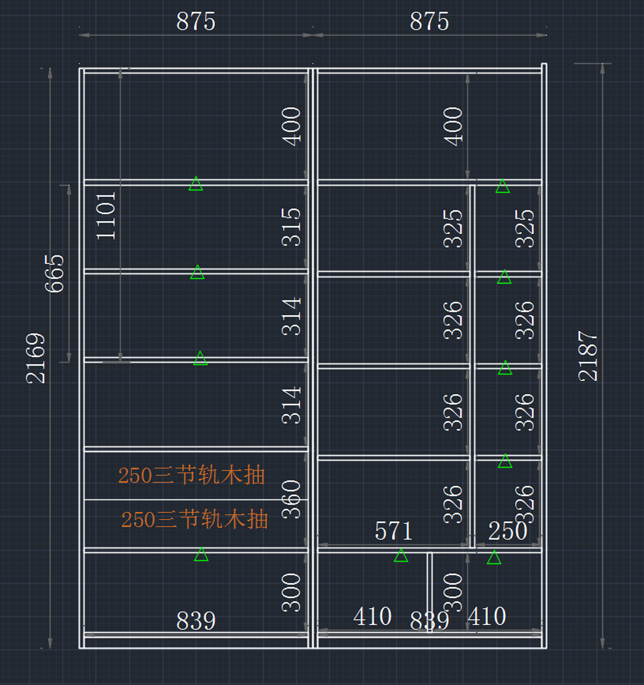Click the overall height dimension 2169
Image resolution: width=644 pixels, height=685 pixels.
(x=35, y=358)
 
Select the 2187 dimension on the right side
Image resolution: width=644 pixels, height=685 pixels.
(x=588, y=356)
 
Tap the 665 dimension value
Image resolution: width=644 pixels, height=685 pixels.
(x=54, y=273)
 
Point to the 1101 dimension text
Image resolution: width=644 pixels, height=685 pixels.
(x=106, y=216)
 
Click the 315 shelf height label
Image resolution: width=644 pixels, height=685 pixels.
(x=291, y=227)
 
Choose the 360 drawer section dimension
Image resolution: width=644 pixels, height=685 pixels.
(x=291, y=499)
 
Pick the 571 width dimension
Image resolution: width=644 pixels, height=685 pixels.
(x=393, y=531)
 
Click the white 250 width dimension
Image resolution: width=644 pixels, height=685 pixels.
(x=508, y=531)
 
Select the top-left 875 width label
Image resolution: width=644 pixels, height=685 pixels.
(x=196, y=22)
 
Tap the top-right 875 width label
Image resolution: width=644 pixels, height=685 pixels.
(x=429, y=22)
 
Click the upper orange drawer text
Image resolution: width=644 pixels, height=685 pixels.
(x=192, y=475)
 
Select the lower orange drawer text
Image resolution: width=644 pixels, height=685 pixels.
(x=194, y=520)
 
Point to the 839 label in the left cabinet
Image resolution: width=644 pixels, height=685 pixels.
(x=196, y=621)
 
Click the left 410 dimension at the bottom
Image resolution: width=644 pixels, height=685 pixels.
(x=372, y=617)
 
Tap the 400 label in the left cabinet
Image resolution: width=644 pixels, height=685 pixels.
(x=291, y=126)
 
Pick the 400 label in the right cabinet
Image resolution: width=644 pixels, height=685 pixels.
(x=453, y=126)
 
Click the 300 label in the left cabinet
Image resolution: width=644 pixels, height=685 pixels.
(x=291, y=593)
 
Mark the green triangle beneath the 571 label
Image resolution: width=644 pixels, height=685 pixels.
(x=401, y=556)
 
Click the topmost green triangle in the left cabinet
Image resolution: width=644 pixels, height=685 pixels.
(x=196, y=184)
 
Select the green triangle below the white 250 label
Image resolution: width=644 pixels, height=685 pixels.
(x=494, y=558)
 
